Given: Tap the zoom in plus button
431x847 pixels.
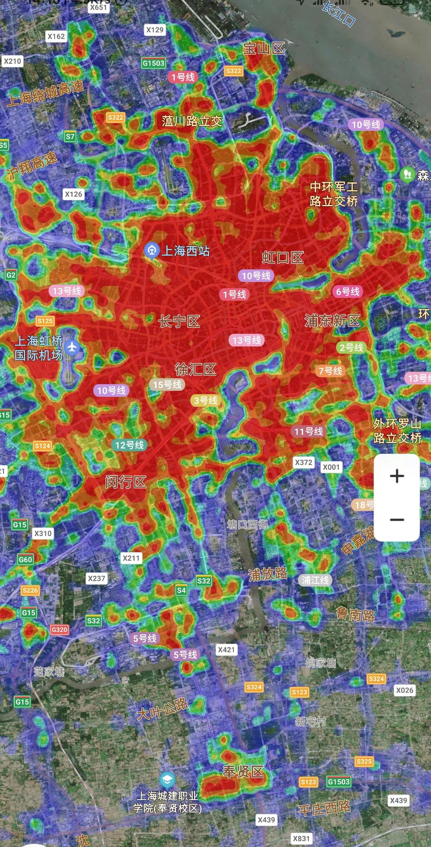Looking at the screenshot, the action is tap(397, 476).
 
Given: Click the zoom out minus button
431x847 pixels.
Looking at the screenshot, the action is tap(397, 520).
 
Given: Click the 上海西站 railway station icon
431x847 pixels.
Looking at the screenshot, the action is tap(152, 250).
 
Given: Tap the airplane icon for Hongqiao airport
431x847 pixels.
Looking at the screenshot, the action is tap(72, 347).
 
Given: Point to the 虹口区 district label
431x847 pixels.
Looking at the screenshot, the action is tap(283, 258).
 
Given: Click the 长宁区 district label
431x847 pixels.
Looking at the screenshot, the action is tap(179, 321).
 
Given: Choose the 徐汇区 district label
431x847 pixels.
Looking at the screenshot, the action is tap(195, 369).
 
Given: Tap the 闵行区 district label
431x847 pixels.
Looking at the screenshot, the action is tap(126, 482).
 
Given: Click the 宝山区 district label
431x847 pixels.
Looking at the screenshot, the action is tap(264, 49).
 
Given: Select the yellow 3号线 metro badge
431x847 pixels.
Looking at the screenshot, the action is tap(206, 400).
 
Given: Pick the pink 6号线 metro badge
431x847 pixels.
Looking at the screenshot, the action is tap(348, 292).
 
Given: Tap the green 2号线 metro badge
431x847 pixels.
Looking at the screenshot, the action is tap(351, 347).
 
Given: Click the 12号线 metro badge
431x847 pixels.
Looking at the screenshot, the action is tap(129, 445).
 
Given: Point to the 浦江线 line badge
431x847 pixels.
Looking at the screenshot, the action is tap(315, 580).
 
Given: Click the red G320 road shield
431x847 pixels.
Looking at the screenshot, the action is tap(59, 630).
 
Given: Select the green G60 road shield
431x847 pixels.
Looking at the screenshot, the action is tap(25, 559).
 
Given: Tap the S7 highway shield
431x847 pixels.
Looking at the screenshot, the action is tap(70, 136).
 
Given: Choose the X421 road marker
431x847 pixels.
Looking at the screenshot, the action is tap(226, 650).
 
